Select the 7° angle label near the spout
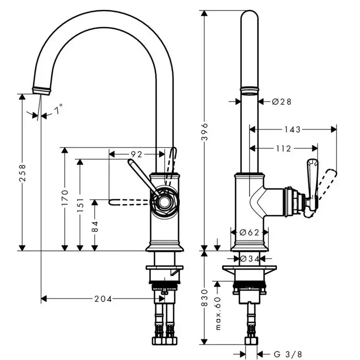point(59,109)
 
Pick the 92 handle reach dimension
point(136,154)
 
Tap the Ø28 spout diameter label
point(281,102)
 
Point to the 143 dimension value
point(292,129)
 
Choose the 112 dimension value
point(283,149)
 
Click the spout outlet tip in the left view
point(42,89)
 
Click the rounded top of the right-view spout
point(250,18)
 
